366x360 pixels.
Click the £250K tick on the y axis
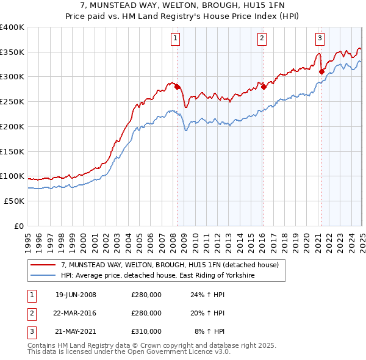click(12, 102)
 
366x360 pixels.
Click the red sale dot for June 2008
click(178, 87)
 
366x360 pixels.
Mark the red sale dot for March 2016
click(264, 87)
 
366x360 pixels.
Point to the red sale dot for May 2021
click(321, 71)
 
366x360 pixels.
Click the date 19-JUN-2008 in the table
click(76, 295)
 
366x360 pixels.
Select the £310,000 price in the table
click(146, 331)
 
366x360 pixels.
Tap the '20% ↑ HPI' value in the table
click(210, 313)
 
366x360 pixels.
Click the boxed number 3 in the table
click(30, 331)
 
